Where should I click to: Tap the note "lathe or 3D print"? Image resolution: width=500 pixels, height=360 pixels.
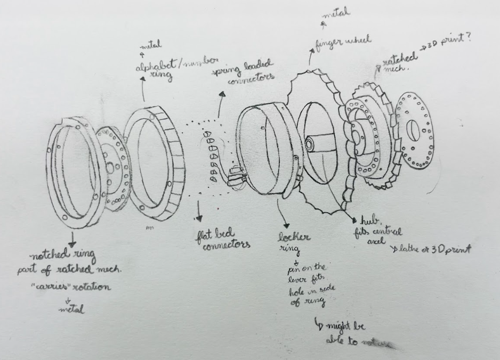tap(432, 249)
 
